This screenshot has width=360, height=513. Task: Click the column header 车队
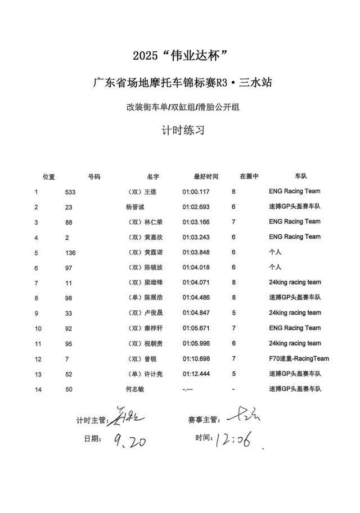[299, 176]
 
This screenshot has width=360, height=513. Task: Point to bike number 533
[70, 192]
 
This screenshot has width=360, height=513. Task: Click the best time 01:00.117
[196, 192]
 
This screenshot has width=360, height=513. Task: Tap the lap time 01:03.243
[196, 237]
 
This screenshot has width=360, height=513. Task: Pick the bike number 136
[70, 253]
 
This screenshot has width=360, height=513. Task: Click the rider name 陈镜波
[154, 268]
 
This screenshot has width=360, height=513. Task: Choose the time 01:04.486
[196, 298]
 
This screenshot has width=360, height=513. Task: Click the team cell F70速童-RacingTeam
[299, 358]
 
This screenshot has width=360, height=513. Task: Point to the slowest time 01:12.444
[196, 373]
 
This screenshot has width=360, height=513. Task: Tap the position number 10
[38, 328]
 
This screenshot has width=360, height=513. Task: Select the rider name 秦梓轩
[154, 328]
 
